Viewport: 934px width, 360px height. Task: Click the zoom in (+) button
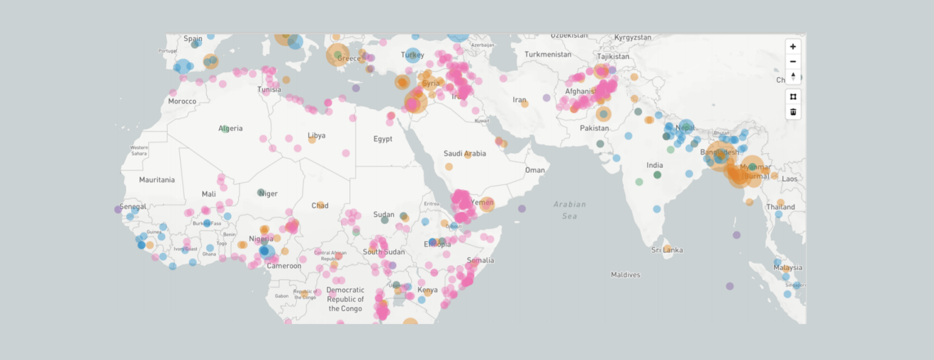pyautogui.click(x=793, y=47)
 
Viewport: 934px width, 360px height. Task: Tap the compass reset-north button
pyautogui.click(x=793, y=77)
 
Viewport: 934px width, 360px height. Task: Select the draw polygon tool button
pyautogui.click(x=793, y=97)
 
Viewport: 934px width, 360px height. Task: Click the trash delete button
pyautogui.click(x=793, y=112)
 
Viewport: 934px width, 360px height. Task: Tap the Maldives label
pyautogui.click(x=626, y=275)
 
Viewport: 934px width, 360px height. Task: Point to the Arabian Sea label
pyautogui.click(x=570, y=210)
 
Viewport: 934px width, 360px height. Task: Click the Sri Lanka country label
pyautogui.click(x=667, y=250)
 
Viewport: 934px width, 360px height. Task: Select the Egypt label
pyautogui.click(x=382, y=139)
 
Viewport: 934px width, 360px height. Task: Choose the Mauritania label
pyautogui.click(x=157, y=180)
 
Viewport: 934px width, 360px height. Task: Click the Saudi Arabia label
pyautogui.click(x=465, y=154)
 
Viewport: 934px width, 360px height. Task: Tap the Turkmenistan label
pyautogui.click(x=548, y=54)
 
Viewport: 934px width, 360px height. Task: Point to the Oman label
pyautogui.click(x=535, y=170)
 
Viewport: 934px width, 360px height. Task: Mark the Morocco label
pyautogui.click(x=182, y=101)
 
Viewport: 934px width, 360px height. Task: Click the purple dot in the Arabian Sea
pyautogui.click(x=522, y=209)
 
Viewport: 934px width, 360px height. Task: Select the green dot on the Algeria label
pyautogui.click(x=225, y=128)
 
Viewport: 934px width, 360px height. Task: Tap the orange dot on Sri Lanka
pyautogui.click(x=667, y=248)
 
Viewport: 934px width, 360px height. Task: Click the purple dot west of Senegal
pyautogui.click(x=118, y=209)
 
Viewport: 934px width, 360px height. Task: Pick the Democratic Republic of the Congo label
pyautogui.click(x=345, y=299)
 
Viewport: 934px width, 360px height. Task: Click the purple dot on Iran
pyautogui.click(x=546, y=98)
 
